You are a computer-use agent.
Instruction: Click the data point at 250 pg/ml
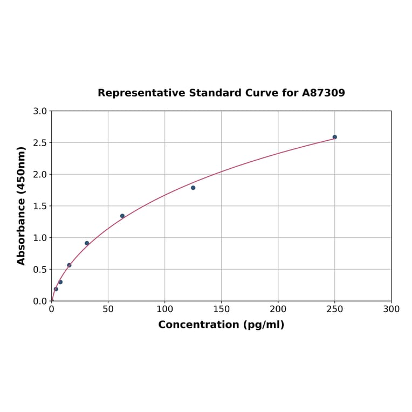point(334,137)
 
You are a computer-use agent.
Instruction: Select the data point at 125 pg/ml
point(193,188)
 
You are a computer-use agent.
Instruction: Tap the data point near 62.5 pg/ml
point(122,216)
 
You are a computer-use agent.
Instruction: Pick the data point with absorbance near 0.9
point(87,243)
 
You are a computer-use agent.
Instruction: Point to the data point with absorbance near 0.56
point(69,265)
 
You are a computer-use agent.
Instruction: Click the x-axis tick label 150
point(221,310)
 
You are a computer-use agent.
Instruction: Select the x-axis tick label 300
point(391,310)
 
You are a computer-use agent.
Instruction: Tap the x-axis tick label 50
point(108,310)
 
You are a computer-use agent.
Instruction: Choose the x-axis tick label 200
point(278,310)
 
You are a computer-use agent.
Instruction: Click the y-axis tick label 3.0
point(39,111)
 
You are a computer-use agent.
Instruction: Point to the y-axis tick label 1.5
point(39,206)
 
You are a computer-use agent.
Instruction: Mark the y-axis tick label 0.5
point(39,269)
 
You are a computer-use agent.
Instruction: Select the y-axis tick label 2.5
point(39,143)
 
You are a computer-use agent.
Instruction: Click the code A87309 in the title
point(323,93)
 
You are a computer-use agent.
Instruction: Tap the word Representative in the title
point(141,93)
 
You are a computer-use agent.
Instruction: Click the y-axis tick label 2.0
point(39,174)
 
